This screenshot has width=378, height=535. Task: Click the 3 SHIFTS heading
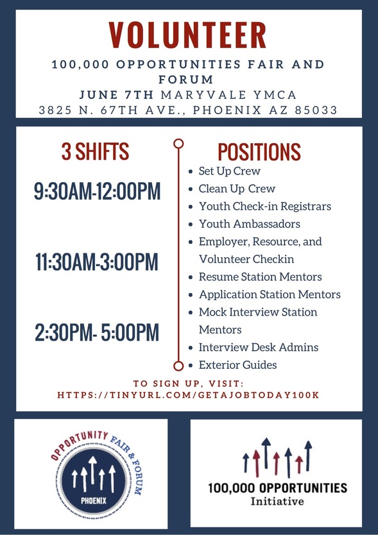click(x=95, y=152)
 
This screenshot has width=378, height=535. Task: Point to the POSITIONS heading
click(x=259, y=152)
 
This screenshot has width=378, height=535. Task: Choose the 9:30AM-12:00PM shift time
click(x=97, y=191)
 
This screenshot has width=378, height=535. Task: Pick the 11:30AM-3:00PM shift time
click(x=97, y=262)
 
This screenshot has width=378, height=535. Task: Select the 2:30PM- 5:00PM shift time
click(x=97, y=332)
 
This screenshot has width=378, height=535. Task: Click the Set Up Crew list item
click(x=229, y=172)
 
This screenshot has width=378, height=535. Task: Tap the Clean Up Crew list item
click(x=236, y=189)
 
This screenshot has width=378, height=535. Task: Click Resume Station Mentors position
click(x=260, y=277)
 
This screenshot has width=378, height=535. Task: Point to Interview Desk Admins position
click(x=259, y=347)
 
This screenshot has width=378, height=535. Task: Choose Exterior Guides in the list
click(x=237, y=364)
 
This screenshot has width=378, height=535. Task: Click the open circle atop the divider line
click(x=178, y=143)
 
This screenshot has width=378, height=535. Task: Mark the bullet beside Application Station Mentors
click(x=191, y=295)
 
